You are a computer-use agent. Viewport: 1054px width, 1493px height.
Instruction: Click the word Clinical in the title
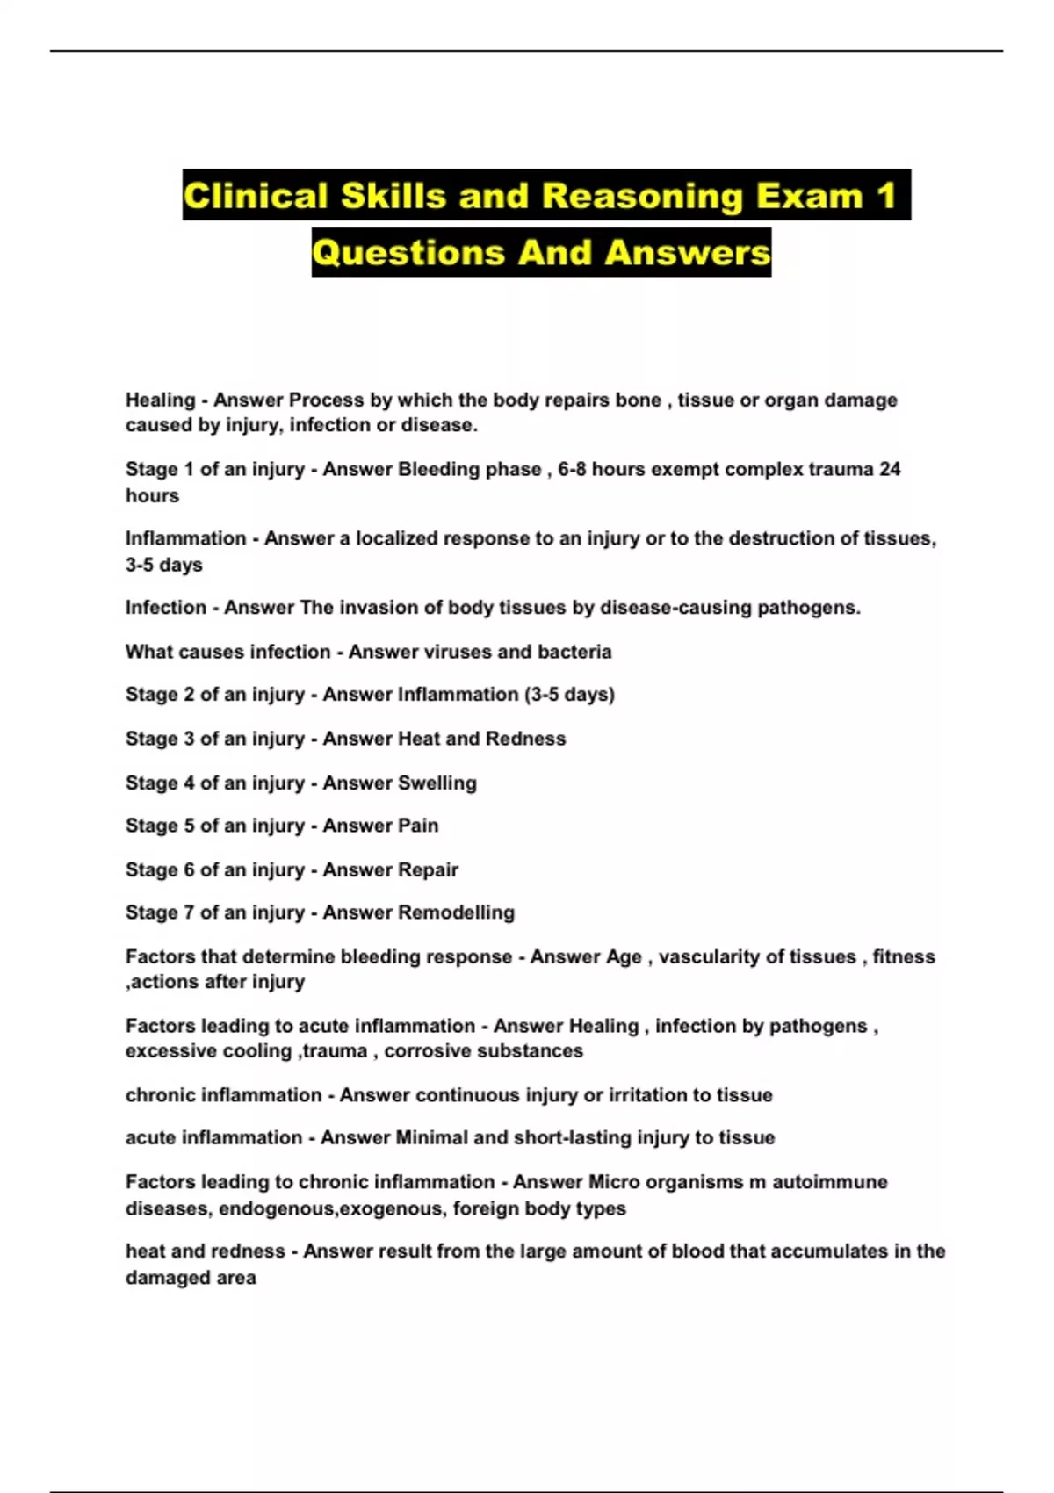tap(256, 196)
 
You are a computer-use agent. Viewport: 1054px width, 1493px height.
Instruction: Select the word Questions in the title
tap(408, 253)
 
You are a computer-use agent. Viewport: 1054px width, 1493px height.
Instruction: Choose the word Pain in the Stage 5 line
tap(418, 826)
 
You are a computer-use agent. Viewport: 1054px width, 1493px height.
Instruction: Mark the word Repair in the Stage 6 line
tap(428, 869)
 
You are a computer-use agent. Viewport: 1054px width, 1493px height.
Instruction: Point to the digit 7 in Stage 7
tap(188, 912)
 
